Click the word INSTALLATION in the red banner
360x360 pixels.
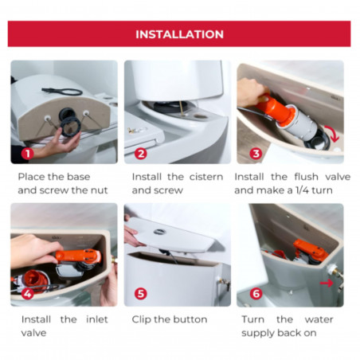pyautogui.click(x=180, y=34)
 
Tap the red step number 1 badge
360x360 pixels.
pyautogui.click(x=27, y=154)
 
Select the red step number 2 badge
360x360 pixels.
pyautogui.click(x=141, y=154)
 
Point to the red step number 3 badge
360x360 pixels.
pyautogui.click(x=256, y=154)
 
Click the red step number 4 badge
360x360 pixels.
pyautogui.click(x=27, y=294)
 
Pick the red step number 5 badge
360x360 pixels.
pyautogui.click(x=141, y=294)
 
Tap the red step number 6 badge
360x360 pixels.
pyautogui.click(x=256, y=294)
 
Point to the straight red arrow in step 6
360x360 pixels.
pyautogui.click(x=327, y=284)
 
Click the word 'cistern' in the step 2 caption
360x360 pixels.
pyautogui.click(x=206, y=177)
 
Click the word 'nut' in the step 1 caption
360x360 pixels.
pyautogui.click(x=100, y=190)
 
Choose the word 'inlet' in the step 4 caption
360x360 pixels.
pyautogui.click(x=97, y=319)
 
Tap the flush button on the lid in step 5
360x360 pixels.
pyautogui.click(x=160, y=232)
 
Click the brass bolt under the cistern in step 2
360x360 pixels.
pyautogui.click(x=182, y=108)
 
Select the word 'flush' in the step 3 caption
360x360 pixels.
pyautogui.click(x=306, y=177)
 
